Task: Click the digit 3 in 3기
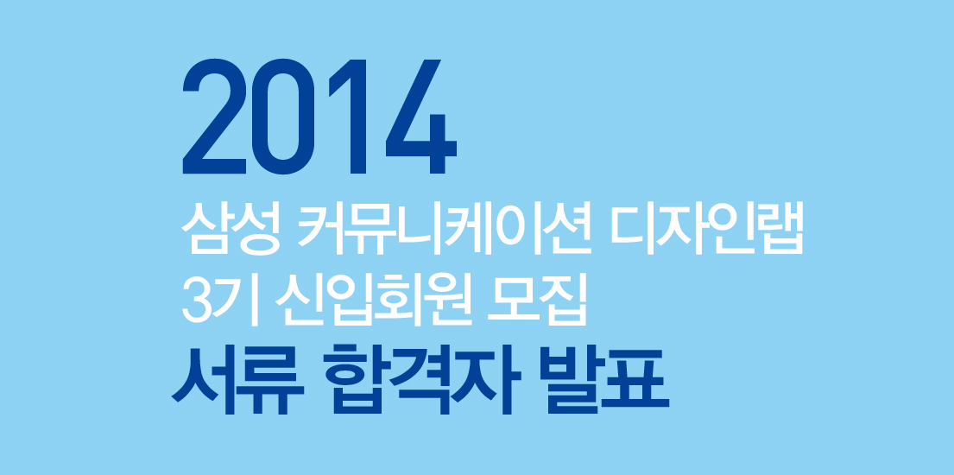(x=197, y=301)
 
